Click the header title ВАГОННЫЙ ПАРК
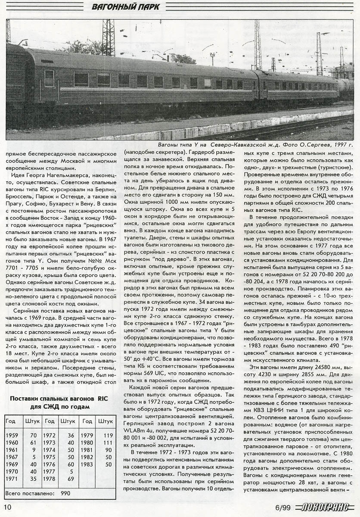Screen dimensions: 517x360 click(x=126, y=7)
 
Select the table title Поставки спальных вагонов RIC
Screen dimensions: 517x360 click(x=60, y=398)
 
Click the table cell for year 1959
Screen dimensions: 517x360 click(x=12, y=435)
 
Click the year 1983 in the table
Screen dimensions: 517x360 click(x=87, y=464)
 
